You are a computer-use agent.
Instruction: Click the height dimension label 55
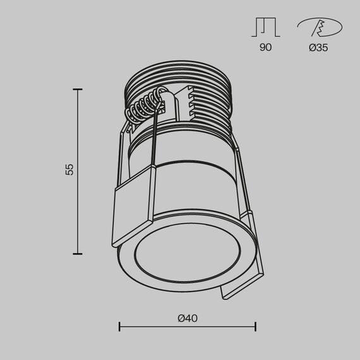tap(69, 169)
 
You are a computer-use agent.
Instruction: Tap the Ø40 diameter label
tap(188, 318)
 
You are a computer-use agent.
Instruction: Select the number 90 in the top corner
tap(265, 48)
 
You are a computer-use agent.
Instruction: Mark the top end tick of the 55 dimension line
tap(78, 90)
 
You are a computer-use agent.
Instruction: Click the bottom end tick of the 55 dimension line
tap(78, 253)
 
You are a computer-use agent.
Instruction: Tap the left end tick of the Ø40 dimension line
tap(120, 327)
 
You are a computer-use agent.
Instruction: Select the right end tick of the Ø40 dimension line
tap(255, 327)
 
